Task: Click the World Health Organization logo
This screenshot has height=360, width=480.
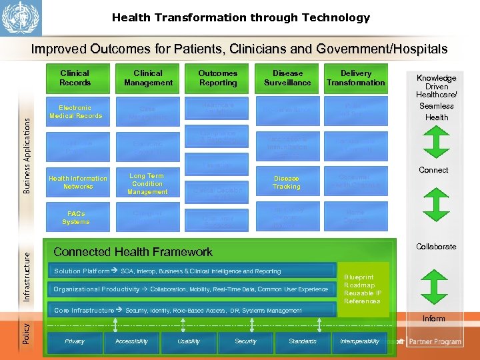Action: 21,18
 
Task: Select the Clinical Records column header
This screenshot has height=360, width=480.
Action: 75,78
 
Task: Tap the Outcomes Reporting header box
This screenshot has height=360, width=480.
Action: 218,78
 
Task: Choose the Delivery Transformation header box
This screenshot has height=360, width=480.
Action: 356,78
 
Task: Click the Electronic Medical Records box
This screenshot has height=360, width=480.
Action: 75,112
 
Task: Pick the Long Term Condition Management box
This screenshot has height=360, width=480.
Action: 147,184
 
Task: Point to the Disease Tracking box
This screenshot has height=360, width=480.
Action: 287,183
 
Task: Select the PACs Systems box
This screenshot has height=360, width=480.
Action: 75,218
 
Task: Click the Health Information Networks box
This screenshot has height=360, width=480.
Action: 77,183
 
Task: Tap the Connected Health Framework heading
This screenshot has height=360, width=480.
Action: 133,252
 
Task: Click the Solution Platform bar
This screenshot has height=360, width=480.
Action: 194,271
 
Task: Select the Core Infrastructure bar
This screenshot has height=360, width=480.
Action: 194,311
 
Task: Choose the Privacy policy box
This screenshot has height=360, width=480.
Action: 75,341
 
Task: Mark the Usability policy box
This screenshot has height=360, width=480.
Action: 189,341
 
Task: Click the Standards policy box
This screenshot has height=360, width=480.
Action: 303,341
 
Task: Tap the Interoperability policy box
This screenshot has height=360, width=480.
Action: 359,341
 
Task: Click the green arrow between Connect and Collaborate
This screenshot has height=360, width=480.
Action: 434,207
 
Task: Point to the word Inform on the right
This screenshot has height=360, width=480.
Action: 433,319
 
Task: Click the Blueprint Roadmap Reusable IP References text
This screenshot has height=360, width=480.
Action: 363,289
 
